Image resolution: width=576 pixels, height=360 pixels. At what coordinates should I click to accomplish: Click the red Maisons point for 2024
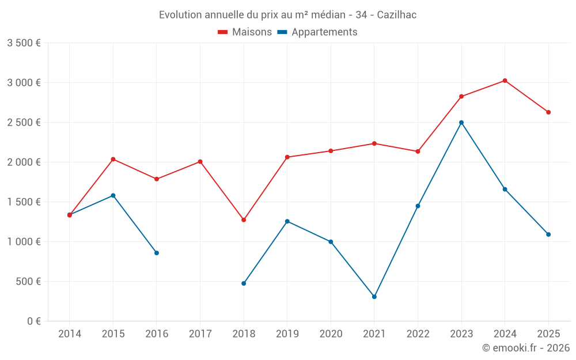(x=505, y=81)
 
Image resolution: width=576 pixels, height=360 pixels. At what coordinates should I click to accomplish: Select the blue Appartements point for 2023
(x=461, y=123)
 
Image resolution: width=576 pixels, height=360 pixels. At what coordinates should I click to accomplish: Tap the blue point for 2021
(x=374, y=297)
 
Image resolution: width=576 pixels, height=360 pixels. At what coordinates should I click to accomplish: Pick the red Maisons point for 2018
(x=244, y=220)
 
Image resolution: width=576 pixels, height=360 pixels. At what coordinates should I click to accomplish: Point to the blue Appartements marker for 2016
(x=157, y=253)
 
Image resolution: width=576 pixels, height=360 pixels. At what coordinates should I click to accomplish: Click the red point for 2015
(x=113, y=159)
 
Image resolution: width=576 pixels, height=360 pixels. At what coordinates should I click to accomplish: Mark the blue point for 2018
(x=244, y=283)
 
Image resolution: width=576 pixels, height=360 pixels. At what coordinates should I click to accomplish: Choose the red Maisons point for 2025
(x=548, y=112)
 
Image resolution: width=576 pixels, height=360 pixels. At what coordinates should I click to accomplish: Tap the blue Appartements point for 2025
(x=548, y=234)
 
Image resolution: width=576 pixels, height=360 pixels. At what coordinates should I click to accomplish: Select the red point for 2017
(x=200, y=162)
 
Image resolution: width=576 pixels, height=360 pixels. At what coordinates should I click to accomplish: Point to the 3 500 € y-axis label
(x=24, y=43)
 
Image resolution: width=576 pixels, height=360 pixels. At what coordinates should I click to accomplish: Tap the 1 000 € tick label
(x=24, y=242)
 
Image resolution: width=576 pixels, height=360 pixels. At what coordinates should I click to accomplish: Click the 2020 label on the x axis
(x=331, y=334)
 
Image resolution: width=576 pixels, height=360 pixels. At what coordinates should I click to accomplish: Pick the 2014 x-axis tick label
(x=70, y=334)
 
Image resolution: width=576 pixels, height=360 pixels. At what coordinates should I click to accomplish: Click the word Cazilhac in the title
(x=397, y=15)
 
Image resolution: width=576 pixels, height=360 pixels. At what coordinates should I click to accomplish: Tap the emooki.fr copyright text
(x=526, y=348)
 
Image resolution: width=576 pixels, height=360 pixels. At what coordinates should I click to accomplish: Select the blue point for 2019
(x=287, y=221)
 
